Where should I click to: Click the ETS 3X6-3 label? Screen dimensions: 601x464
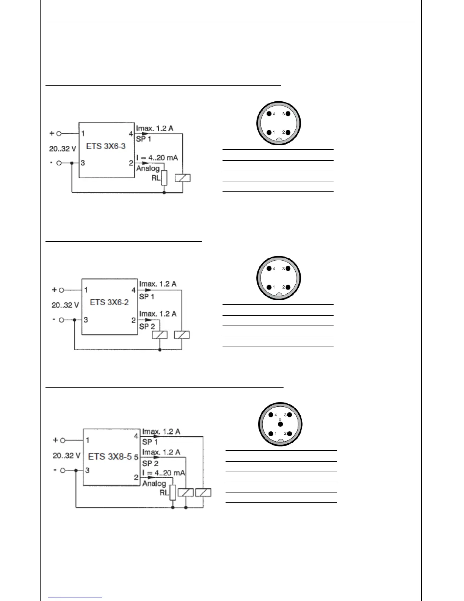point(106,146)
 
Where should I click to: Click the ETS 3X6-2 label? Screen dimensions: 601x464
point(109,302)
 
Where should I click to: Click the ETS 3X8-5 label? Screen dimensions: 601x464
point(110,456)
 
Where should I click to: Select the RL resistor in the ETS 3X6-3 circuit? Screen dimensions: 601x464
point(164,178)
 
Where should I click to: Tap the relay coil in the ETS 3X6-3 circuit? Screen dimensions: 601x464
point(183,178)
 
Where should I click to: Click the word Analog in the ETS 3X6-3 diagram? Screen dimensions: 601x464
point(148,168)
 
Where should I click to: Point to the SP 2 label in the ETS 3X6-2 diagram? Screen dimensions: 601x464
point(147,326)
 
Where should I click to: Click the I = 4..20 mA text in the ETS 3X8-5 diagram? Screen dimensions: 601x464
point(164,473)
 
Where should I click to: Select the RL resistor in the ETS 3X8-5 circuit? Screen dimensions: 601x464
point(173,492)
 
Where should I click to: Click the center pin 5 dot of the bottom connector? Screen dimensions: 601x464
point(281,424)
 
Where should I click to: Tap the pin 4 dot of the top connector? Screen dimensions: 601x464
point(269,114)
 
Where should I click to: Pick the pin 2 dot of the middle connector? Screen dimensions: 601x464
point(288,287)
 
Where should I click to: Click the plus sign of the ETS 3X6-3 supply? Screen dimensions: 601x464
point(52,133)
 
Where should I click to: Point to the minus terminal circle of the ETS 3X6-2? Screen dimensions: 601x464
point(62,319)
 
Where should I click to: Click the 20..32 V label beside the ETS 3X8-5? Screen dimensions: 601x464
point(66,456)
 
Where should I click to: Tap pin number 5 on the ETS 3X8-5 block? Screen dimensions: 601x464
point(136,457)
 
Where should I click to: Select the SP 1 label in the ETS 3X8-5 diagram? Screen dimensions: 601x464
point(150,442)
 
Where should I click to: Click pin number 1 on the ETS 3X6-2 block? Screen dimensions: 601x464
point(86,290)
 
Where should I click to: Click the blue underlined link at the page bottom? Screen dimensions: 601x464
point(75,598)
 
